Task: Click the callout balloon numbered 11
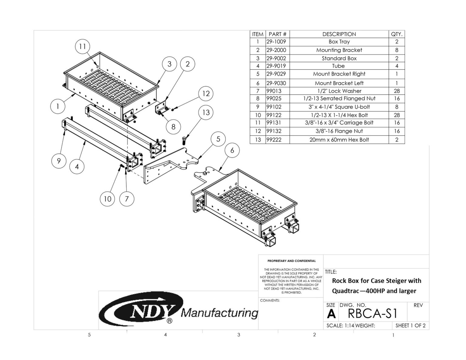(x=83, y=47)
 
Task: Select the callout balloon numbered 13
(x=206, y=113)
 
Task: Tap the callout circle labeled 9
(x=59, y=160)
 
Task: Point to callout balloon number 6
(x=232, y=150)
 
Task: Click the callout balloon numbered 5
(x=218, y=139)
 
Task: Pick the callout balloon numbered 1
(x=57, y=106)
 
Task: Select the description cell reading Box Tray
(x=339, y=42)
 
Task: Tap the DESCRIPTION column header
(x=339, y=34)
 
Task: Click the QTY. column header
(x=397, y=34)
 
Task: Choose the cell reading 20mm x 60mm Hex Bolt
(x=339, y=140)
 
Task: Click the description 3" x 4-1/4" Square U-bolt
(x=339, y=107)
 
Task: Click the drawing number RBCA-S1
(x=373, y=314)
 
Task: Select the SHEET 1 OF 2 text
(x=410, y=326)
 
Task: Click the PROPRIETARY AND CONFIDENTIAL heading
(x=291, y=261)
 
